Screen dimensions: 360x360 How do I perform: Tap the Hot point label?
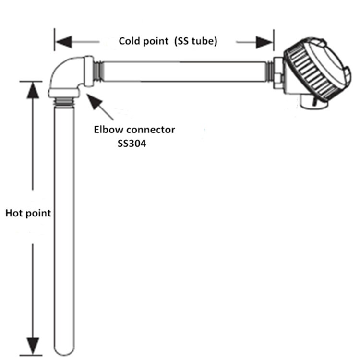click(x=28, y=213)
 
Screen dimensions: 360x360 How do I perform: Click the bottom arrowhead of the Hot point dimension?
click(x=33, y=345)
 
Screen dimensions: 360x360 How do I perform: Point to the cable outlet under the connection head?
click(x=307, y=100)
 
